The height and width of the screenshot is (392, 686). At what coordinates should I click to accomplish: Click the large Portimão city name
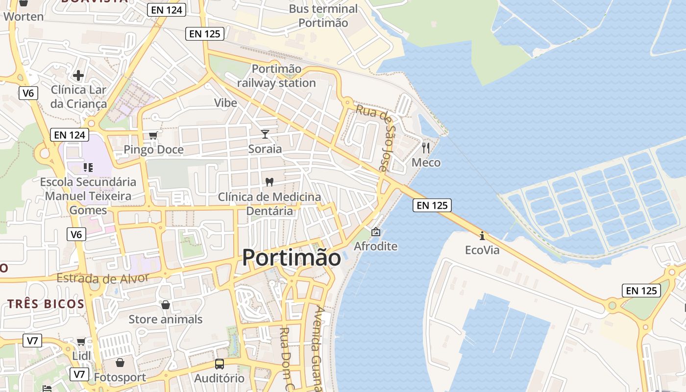pos(292,258)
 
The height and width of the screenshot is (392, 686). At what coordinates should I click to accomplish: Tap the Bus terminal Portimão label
pos(323,16)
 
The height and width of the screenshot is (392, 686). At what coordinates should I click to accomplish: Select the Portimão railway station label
pos(276,76)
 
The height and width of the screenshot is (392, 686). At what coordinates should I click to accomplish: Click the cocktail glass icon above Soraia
pos(265,134)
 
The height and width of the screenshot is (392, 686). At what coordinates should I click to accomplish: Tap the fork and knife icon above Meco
pos(426,147)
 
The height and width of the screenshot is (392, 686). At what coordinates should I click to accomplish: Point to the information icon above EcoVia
pos(482,236)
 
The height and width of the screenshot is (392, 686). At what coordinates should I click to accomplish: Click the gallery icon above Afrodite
pos(375,231)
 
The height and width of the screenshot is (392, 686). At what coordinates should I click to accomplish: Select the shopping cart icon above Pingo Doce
pos(153,135)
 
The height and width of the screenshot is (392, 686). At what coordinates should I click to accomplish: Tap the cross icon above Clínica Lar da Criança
pos(78,75)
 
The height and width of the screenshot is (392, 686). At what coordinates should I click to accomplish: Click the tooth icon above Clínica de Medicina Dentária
pos(269,182)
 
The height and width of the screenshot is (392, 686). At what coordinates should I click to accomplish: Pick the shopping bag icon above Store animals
pos(166,305)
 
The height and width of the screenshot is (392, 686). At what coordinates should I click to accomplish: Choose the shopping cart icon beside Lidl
pos(81,341)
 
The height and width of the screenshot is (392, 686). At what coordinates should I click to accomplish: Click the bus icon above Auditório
pos(219,364)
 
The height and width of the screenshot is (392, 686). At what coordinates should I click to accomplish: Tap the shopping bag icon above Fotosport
pos(120,363)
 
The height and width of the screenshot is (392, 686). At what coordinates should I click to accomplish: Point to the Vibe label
pos(225,103)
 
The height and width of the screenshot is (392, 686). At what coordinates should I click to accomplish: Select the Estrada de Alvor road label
pos(102,278)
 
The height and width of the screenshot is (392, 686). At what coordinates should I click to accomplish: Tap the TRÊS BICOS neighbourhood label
pos(46,304)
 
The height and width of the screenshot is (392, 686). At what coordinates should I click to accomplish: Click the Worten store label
pos(24,16)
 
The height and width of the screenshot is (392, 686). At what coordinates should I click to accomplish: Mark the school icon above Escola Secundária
pos(88,168)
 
